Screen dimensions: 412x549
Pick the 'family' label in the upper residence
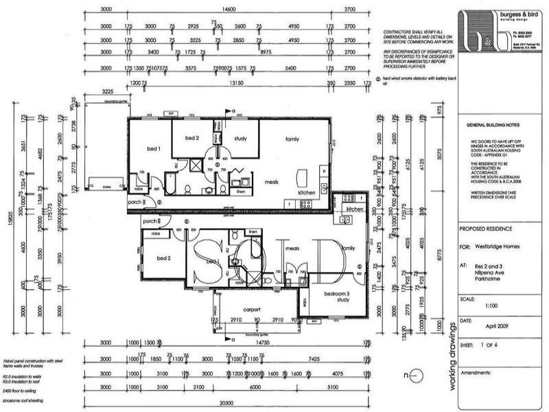293,139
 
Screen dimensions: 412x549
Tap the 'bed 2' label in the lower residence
163,258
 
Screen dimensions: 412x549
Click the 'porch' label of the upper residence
135,202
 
